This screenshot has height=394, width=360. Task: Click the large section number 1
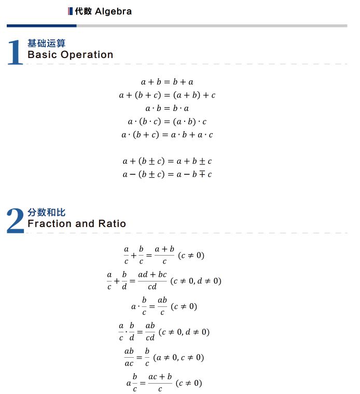point(16,53)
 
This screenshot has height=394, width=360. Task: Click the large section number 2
point(16,221)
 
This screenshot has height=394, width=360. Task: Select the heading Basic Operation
point(70,54)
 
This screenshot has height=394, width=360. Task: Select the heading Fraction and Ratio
point(76,223)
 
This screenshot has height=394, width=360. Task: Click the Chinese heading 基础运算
point(46,44)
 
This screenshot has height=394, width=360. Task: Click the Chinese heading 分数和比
point(46,213)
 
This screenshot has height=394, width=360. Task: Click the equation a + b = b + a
point(167,82)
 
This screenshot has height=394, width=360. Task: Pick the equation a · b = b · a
point(167,108)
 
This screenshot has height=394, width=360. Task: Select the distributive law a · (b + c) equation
point(167,135)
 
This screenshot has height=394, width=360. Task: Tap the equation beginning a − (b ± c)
point(167,174)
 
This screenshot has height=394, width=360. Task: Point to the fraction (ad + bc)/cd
point(152,280)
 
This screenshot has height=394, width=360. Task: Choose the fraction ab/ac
point(129,357)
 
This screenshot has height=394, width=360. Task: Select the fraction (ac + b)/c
point(160,383)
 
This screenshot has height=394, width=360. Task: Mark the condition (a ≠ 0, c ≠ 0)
point(178,358)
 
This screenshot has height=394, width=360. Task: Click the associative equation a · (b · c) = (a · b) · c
point(167,122)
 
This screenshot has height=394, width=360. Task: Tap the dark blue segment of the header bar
point(41,25)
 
